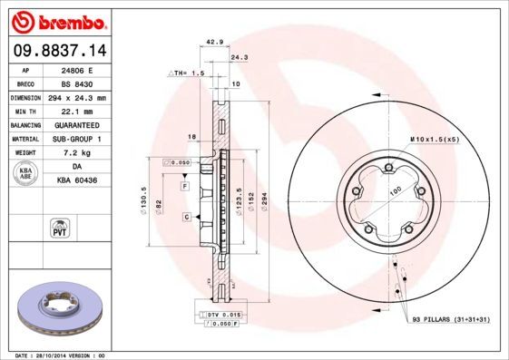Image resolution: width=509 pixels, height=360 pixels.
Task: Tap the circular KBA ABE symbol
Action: [x=26, y=174]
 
